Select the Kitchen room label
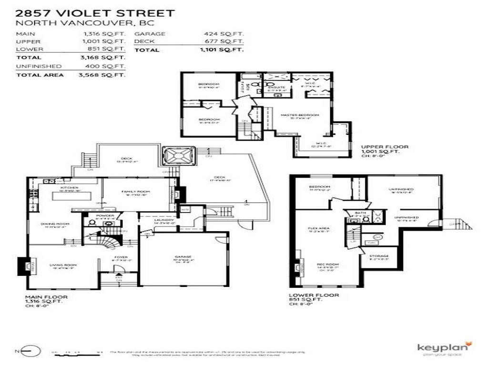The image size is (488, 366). pos(69,188)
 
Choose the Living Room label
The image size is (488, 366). pos(60,265)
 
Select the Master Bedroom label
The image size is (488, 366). pos(293,115)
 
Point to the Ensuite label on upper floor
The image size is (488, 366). pos(276,87)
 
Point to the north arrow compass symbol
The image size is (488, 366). pos(27,352)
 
